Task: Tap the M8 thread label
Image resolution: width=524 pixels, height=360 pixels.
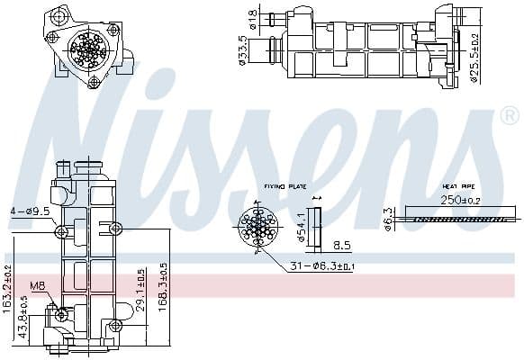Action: pyautogui.click(x=36, y=287)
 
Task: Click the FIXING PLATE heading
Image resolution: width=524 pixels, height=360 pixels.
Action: pyautogui.click(x=285, y=187)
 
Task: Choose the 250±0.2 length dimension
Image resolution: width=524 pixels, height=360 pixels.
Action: pyautogui.click(x=461, y=199)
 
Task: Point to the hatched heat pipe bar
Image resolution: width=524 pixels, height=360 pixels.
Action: pyautogui.click(x=463, y=217)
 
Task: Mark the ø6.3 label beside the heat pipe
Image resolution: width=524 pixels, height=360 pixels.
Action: pyautogui.click(x=388, y=218)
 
